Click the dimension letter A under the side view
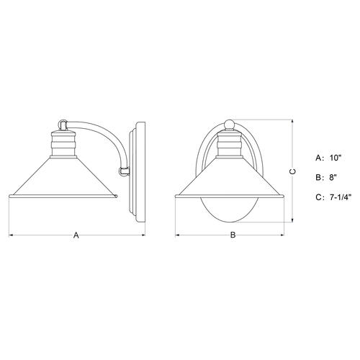[x=76, y=235]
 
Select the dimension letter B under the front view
[x=232, y=235]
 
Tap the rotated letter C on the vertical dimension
[x=292, y=171]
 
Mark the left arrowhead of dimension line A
[x=10, y=235]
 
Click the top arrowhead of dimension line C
[x=292, y=120]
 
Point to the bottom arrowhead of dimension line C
[x=292, y=221]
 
